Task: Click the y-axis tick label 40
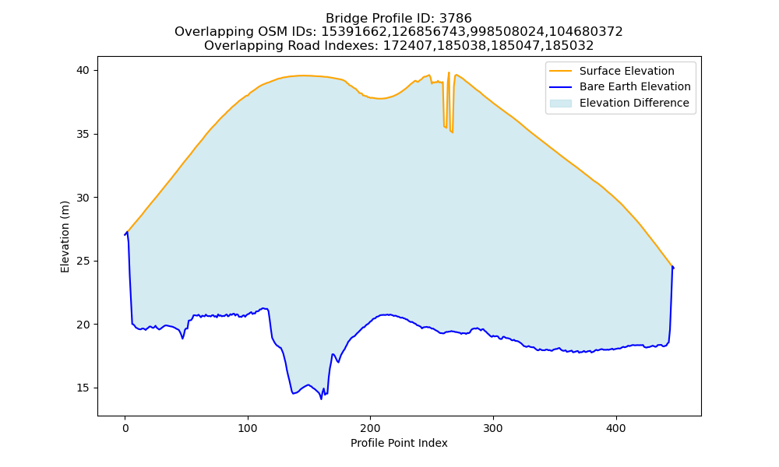click(83, 71)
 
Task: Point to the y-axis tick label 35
click(83, 134)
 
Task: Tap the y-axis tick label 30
click(83, 198)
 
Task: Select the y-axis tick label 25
click(83, 261)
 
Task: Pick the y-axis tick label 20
click(83, 325)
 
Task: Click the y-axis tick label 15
click(83, 388)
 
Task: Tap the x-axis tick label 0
click(125, 428)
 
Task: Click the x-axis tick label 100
click(248, 428)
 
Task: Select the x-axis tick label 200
click(371, 428)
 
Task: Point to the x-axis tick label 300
click(493, 428)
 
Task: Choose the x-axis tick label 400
click(616, 428)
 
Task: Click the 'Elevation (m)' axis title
click(65, 237)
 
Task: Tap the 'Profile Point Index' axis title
click(399, 443)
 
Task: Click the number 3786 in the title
click(455, 19)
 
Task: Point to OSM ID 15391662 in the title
click(352, 32)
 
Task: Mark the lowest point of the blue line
click(322, 399)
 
